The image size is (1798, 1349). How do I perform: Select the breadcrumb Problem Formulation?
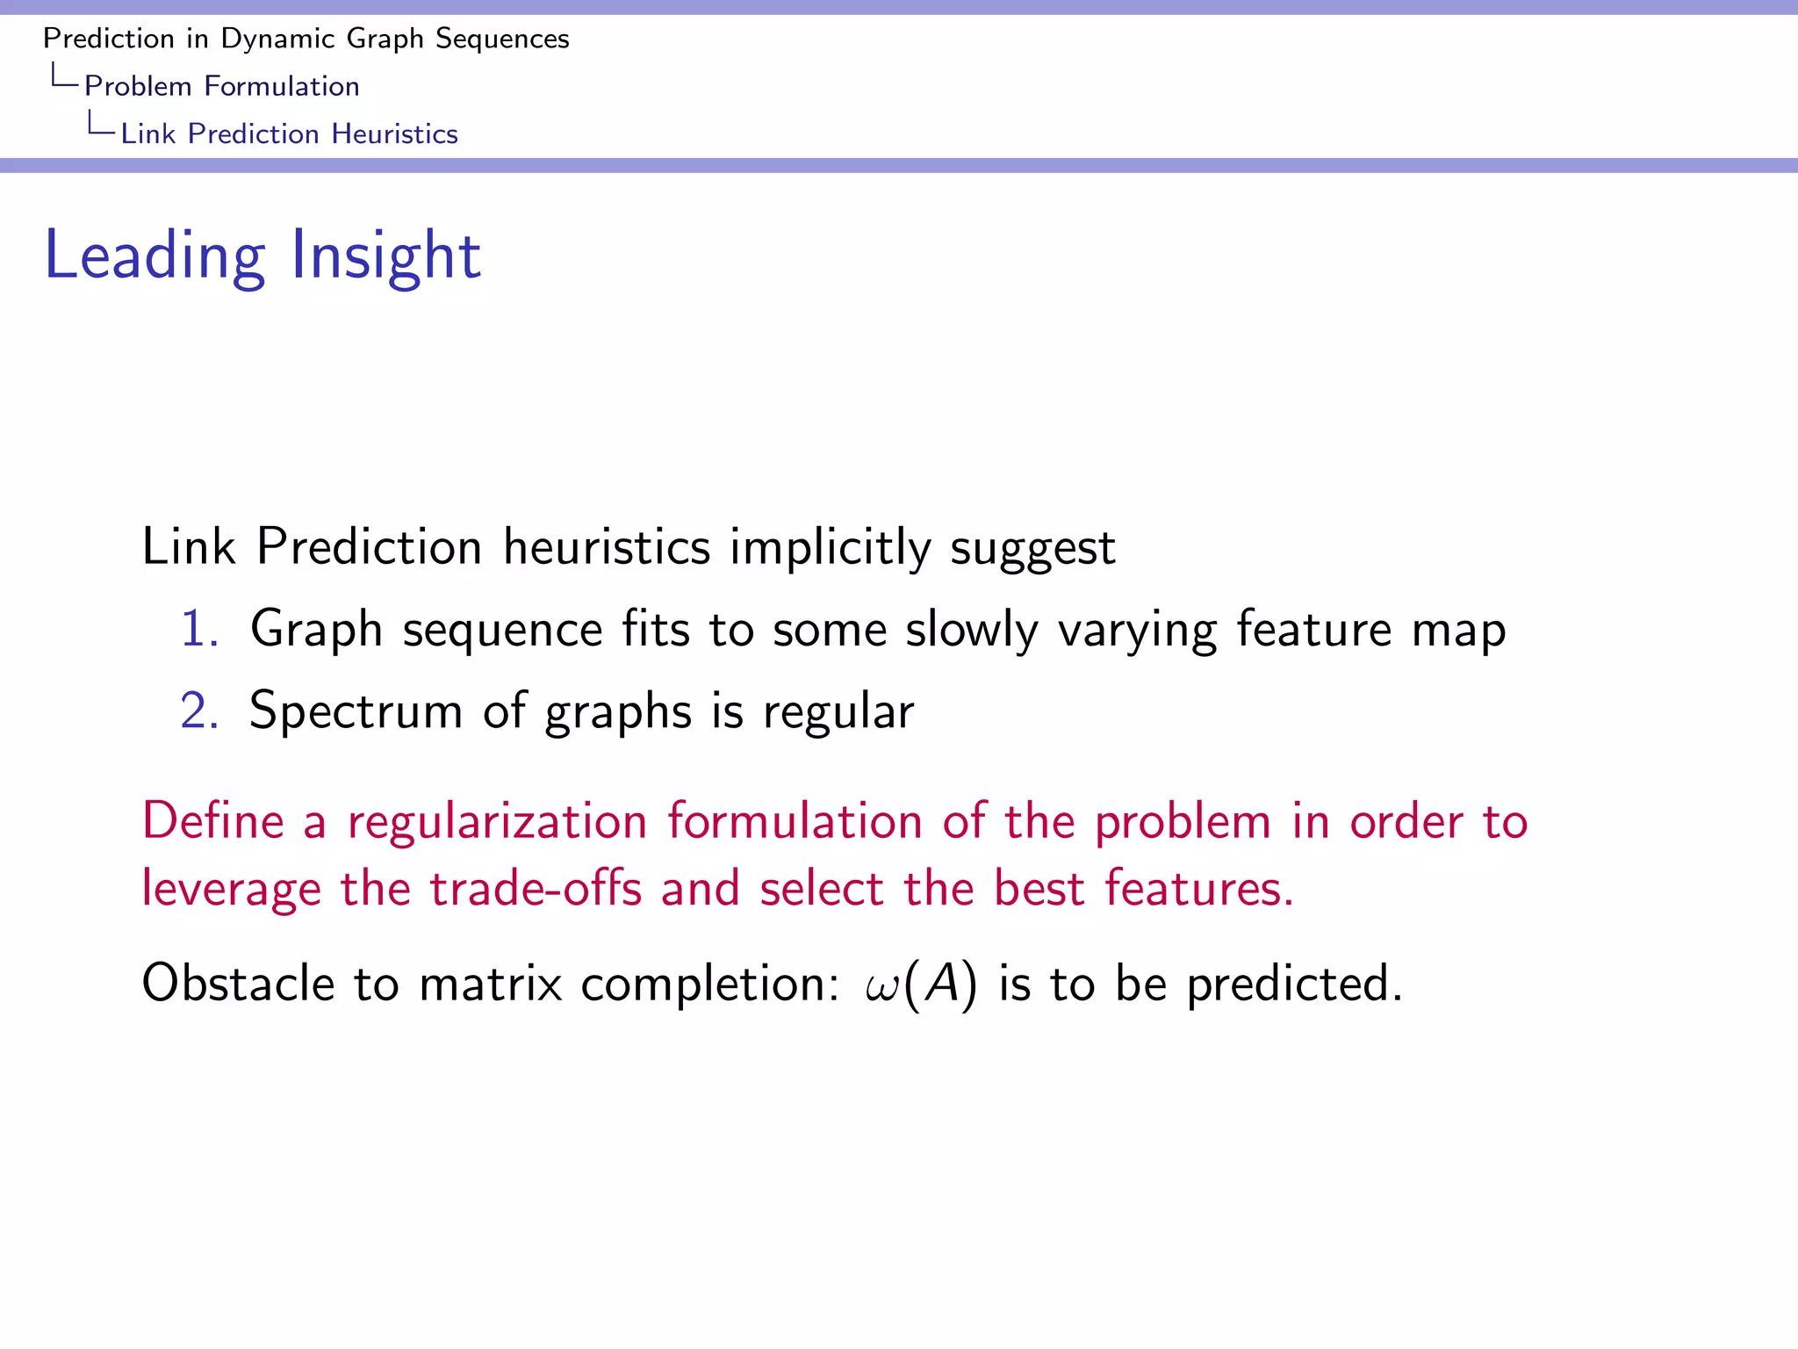(x=221, y=86)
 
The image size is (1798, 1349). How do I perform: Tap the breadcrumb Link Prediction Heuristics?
(x=289, y=133)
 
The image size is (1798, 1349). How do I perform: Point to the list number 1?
(x=198, y=630)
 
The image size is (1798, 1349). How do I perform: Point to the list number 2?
(x=198, y=711)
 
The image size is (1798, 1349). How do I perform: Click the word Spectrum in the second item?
(x=356, y=711)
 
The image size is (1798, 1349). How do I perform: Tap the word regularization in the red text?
(x=497, y=822)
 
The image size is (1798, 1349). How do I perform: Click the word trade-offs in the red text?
(x=536, y=888)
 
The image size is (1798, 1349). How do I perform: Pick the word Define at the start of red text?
(x=212, y=822)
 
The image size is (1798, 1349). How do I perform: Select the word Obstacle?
(x=237, y=983)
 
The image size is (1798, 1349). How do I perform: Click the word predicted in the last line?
(x=1293, y=983)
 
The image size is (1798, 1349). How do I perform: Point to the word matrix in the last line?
(x=490, y=983)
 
